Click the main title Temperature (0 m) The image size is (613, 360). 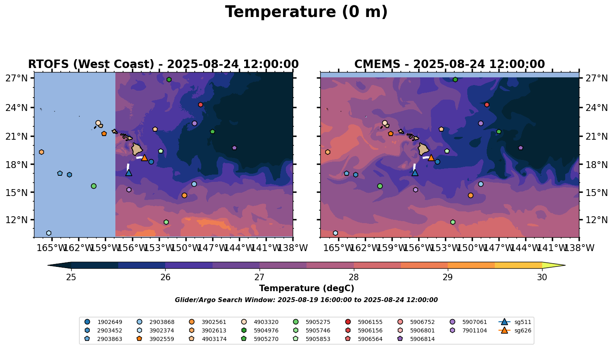click(x=306, y=12)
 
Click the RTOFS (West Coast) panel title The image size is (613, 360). click(x=163, y=64)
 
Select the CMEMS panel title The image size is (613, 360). click(x=449, y=64)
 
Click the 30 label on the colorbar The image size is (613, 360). click(x=542, y=277)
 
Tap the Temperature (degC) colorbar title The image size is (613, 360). click(x=306, y=288)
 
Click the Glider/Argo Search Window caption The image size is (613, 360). click(x=306, y=300)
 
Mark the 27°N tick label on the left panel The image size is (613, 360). click(x=16, y=78)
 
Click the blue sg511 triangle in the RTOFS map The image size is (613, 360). click(x=129, y=173)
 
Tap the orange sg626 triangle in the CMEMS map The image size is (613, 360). click(x=431, y=158)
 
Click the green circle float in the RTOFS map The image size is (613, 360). click(x=94, y=186)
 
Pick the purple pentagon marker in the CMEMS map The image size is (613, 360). click(x=521, y=148)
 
